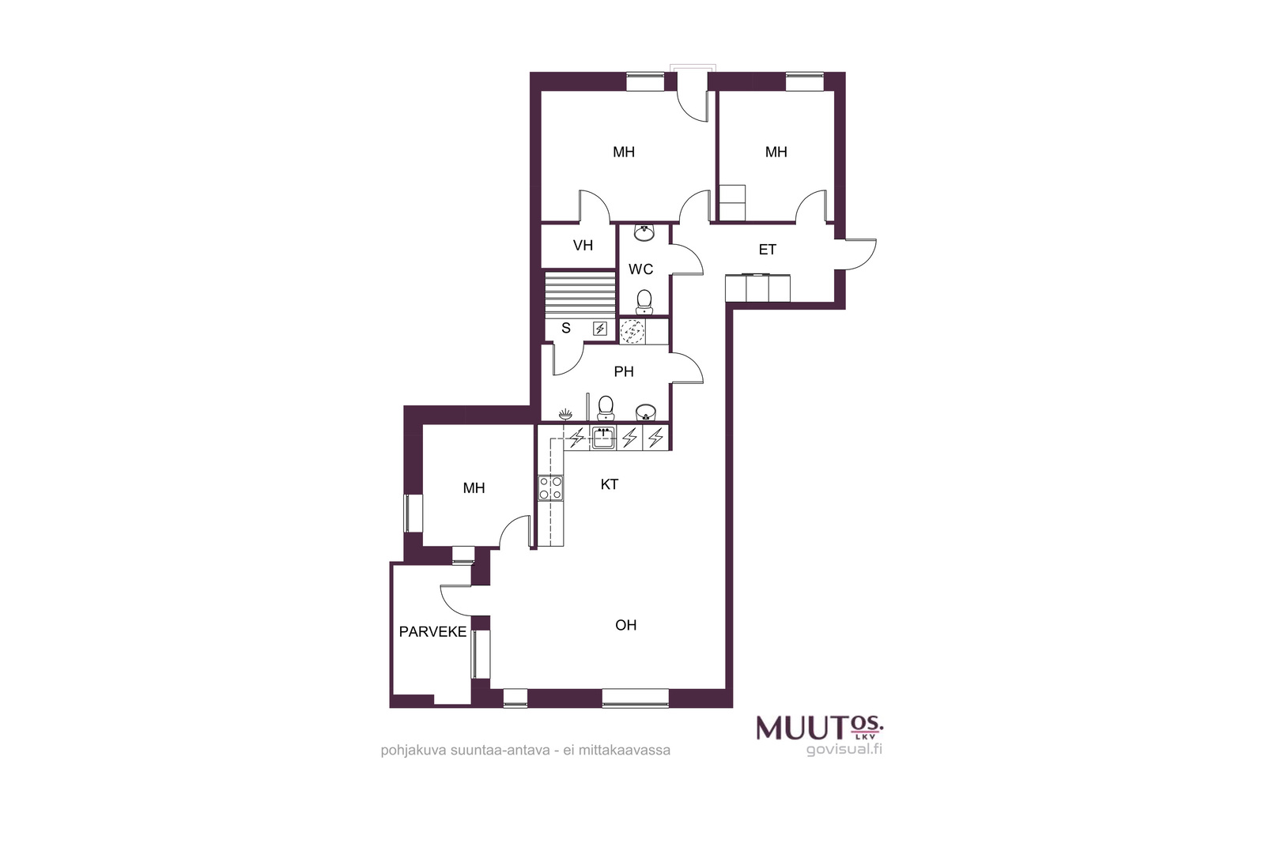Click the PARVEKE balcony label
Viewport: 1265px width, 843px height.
click(x=432, y=632)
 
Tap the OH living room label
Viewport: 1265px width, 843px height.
click(x=625, y=625)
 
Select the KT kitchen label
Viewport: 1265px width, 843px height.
click(x=610, y=484)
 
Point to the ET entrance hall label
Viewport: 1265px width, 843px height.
click(x=767, y=250)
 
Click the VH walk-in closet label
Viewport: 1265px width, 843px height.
click(x=583, y=246)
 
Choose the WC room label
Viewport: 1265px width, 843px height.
click(x=641, y=269)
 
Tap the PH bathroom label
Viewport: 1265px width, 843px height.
click(x=624, y=371)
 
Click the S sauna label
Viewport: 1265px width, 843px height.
click(x=566, y=328)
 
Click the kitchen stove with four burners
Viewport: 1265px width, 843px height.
click(x=550, y=488)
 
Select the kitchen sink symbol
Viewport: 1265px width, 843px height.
click(x=603, y=438)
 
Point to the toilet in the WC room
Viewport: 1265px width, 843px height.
click(x=644, y=302)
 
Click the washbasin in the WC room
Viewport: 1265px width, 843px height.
click(x=644, y=232)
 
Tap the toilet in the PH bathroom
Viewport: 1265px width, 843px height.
click(x=606, y=408)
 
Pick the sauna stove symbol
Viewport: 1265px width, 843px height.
click(x=600, y=329)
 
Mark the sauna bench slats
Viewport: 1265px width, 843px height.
click(x=580, y=294)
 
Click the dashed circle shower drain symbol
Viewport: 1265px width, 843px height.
click(x=632, y=332)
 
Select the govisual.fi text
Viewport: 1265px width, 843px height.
click(x=844, y=749)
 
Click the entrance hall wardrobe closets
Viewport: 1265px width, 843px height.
click(x=758, y=288)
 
